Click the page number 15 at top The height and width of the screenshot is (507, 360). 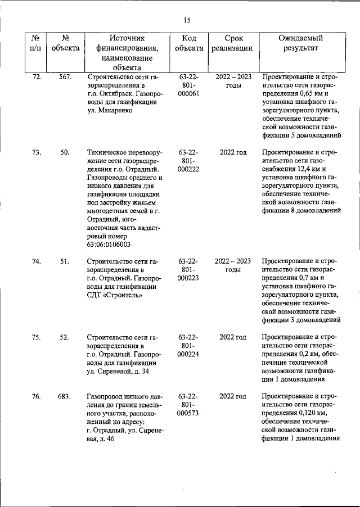click(x=187, y=20)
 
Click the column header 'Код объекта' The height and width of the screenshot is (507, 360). click(x=189, y=43)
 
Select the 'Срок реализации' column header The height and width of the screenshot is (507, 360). click(x=232, y=43)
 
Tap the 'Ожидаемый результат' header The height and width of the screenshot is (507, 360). click(x=301, y=43)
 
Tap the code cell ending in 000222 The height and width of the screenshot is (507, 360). click(x=189, y=161)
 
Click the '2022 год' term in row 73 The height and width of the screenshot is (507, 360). click(x=233, y=152)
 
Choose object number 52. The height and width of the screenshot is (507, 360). click(x=65, y=337)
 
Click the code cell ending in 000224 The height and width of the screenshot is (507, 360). click(x=189, y=346)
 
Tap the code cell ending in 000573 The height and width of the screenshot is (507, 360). click(x=189, y=405)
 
